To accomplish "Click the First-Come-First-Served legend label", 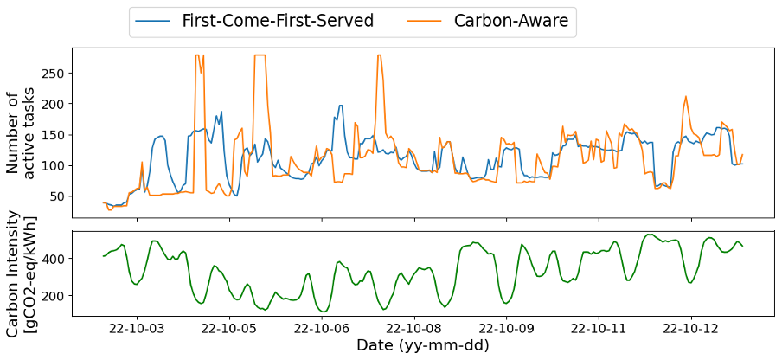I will pyautogui.click(x=278, y=22).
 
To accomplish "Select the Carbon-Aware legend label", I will pyautogui.click(x=511, y=22).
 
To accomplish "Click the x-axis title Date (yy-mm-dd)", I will pyautogui.click(x=423, y=346).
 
